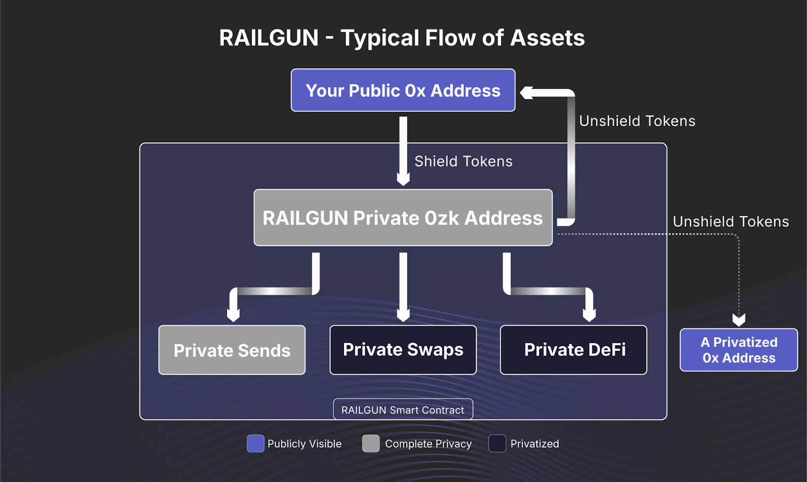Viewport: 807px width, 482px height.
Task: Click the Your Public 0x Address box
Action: pos(403,90)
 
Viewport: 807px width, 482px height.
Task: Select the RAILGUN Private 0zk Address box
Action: pos(403,218)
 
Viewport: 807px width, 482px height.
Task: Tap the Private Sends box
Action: pos(232,350)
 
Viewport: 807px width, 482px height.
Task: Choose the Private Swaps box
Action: pos(403,350)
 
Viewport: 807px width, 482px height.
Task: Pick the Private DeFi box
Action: pos(573,350)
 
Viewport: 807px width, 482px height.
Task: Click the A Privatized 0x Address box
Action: pos(739,350)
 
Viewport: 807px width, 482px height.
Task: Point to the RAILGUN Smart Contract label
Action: pos(403,410)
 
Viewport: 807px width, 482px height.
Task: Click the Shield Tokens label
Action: pos(463,161)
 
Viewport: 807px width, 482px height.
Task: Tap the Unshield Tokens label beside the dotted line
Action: pos(731,221)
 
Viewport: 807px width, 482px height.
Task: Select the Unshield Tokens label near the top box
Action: pos(637,121)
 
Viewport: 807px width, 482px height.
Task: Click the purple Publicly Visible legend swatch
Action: pos(256,444)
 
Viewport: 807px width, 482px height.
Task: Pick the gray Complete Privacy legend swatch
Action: pos(371,444)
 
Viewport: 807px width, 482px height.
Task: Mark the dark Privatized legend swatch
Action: pos(497,444)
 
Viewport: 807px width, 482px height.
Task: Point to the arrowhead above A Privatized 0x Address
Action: pos(739,320)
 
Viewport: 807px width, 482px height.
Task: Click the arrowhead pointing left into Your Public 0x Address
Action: pos(526,93)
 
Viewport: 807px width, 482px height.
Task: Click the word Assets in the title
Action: pos(547,38)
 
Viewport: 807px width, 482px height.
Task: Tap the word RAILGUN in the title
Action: pos(269,38)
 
